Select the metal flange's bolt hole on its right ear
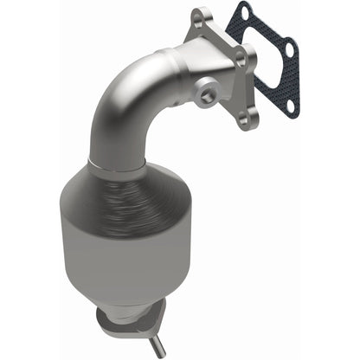241,57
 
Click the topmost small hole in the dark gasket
244,14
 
